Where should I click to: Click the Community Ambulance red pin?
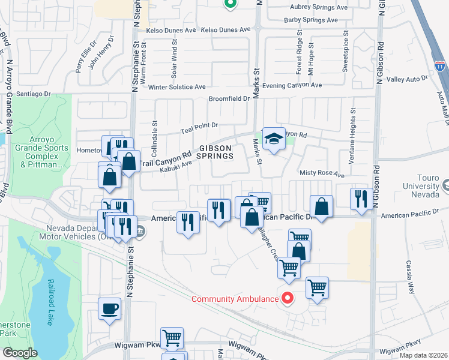pos(287,298)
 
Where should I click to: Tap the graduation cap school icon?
pos(273,139)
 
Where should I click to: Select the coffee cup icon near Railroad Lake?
pos(109,309)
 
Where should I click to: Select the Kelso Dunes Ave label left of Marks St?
pos(226,29)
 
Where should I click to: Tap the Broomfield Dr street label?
pos(229,99)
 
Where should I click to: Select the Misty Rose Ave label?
pos(322,174)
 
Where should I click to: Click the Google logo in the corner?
pos(19,353)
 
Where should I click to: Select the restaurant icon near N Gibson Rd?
pos(360,199)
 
